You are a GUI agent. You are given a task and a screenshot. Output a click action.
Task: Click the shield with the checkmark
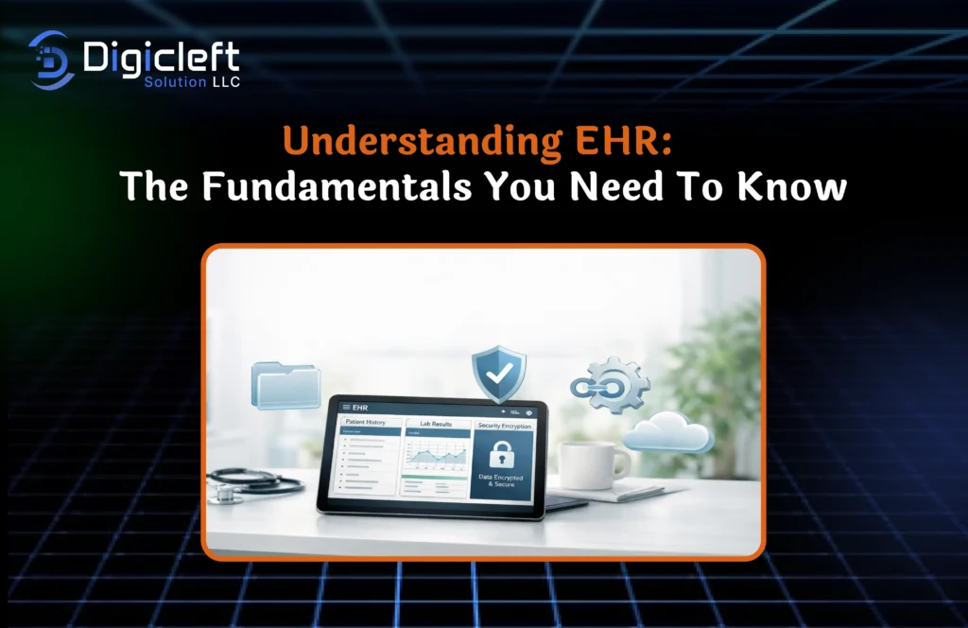click(498, 375)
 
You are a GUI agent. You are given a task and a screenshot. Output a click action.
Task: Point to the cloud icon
click(668, 432)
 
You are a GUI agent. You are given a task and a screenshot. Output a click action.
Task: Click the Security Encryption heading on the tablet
click(505, 426)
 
